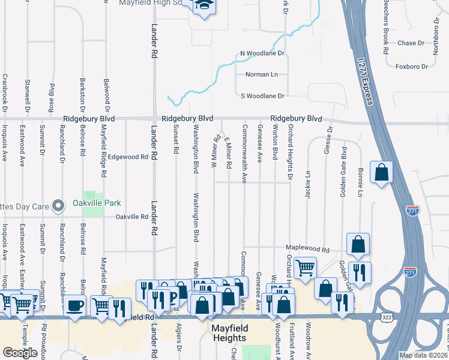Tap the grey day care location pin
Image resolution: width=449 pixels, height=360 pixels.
(58, 206)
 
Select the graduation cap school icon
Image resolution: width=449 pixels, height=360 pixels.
(204, 5)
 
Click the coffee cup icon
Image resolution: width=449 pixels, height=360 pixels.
(74, 305)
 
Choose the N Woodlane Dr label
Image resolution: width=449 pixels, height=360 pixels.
(262, 53)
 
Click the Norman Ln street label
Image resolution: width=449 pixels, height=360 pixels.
(262, 74)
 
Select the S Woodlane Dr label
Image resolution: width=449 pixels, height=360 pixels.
(262, 95)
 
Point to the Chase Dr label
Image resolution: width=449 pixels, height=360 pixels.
(411, 43)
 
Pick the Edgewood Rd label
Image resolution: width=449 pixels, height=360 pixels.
(128, 157)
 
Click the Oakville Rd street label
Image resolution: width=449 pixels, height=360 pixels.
(131, 217)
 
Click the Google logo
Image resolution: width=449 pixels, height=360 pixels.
(20, 352)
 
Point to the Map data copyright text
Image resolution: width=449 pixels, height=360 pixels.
(423, 355)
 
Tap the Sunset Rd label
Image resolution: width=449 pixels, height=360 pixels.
(176, 139)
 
